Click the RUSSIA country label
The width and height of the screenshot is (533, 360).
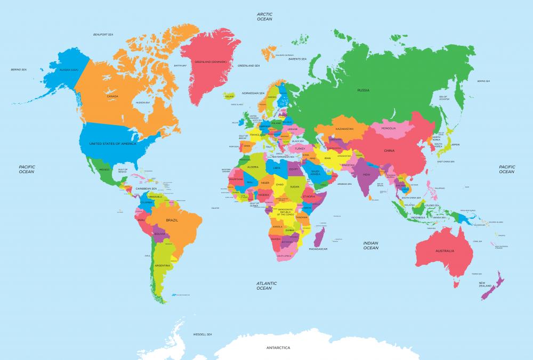364,90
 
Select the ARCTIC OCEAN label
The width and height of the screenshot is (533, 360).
264,17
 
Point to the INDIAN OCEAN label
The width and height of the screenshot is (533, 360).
370,245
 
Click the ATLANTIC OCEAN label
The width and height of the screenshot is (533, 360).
264,286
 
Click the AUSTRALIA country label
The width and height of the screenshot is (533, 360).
445,250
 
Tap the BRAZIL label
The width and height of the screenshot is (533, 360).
172,219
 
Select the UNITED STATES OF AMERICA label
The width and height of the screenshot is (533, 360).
112,144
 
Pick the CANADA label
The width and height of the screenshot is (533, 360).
112,96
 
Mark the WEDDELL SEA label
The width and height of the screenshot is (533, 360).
203,334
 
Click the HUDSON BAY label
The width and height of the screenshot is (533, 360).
142,102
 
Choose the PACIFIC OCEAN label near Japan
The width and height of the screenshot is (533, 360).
506,169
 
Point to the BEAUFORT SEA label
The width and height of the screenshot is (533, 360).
103,35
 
